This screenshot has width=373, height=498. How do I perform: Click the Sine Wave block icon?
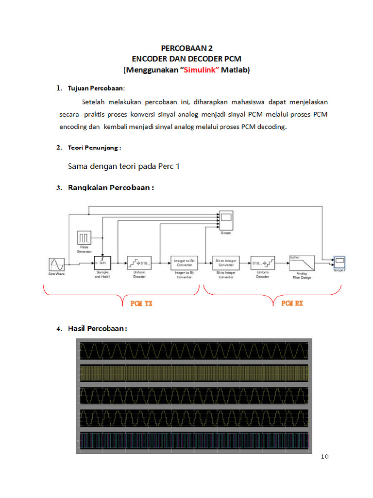tap(57, 265)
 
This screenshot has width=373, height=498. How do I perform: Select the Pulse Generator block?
tap(85, 238)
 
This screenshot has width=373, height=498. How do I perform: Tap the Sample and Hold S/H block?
tap(102, 263)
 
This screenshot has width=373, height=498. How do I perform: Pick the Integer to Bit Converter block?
tap(184, 263)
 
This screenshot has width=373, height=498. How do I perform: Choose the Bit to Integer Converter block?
tap(226, 263)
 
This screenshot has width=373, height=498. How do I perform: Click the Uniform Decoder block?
tap(263, 263)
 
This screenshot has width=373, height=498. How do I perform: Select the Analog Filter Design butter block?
tap(302, 263)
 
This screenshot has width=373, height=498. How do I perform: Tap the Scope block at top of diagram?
tap(226, 221)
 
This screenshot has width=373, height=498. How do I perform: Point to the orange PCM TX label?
tap(141, 303)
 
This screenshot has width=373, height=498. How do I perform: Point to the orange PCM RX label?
tap(292, 303)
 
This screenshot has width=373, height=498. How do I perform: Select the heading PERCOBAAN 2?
tap(186, 49)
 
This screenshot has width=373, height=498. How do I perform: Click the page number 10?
tap(325, 456)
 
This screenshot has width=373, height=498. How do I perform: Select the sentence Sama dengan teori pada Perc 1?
tap(124, 166)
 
